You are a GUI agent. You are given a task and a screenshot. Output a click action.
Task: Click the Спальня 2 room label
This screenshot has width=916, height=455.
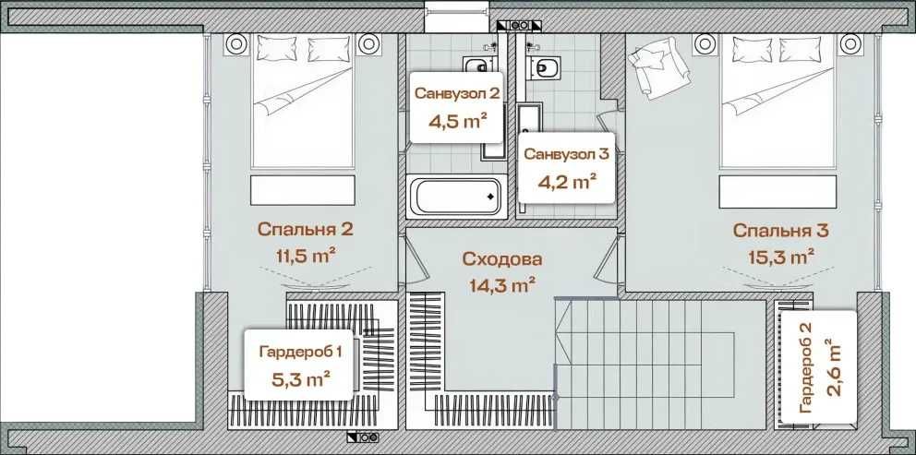305,230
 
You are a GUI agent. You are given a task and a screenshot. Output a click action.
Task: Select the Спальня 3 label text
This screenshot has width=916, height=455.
773,230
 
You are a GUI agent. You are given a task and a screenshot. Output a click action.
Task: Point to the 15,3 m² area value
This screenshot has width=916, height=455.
773,256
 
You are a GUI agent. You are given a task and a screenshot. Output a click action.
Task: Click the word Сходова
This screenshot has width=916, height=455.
502,259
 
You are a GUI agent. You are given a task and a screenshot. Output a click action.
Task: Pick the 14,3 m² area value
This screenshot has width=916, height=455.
502,285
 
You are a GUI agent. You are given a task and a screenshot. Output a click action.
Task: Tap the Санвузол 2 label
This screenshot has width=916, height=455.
457,93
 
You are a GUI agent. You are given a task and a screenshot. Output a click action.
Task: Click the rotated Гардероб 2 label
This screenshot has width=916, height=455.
805,368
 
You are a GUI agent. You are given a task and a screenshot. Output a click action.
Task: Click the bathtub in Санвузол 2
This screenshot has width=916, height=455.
455,196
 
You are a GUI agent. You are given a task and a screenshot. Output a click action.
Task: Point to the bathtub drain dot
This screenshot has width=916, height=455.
489,196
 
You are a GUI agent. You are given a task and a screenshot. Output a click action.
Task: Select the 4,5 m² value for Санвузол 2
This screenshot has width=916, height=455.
457,120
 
